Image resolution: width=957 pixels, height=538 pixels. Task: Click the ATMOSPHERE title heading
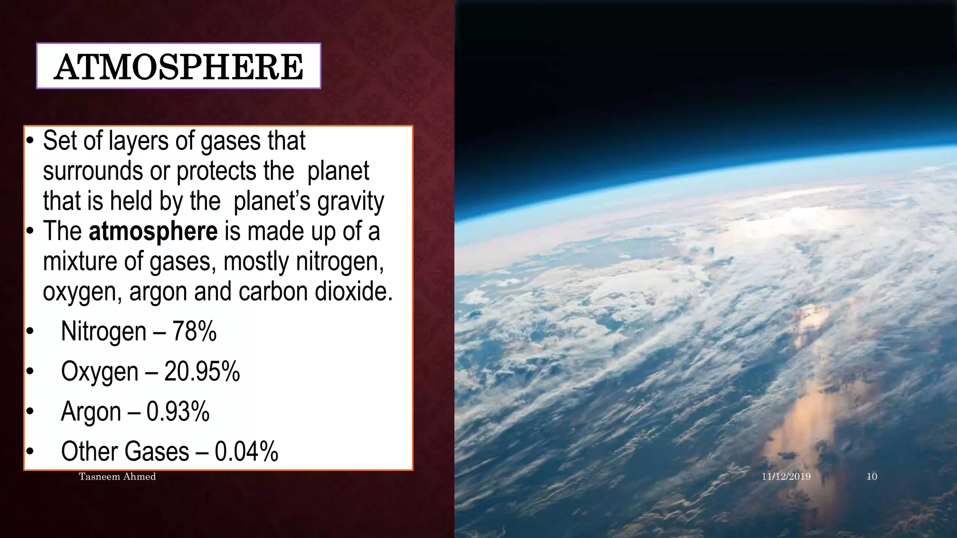(179, 66)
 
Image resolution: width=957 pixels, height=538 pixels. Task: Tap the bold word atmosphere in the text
(153, 231)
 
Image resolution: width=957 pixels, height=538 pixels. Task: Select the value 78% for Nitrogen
(194, 332)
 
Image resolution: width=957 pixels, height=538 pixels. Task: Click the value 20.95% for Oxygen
(202, 372)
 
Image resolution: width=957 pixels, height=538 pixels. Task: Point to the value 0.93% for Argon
(178, 411)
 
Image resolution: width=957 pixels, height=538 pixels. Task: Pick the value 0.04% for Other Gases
(246, 452)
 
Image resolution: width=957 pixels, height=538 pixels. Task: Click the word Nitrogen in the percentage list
(104, 332)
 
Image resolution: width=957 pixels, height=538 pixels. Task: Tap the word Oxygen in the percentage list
(100, 373)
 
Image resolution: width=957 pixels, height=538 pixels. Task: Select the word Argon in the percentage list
(91, 412)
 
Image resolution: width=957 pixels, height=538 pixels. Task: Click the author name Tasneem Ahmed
(117, 477)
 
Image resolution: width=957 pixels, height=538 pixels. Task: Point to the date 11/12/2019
(786, 477)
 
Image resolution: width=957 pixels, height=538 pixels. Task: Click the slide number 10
(871, 477)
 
